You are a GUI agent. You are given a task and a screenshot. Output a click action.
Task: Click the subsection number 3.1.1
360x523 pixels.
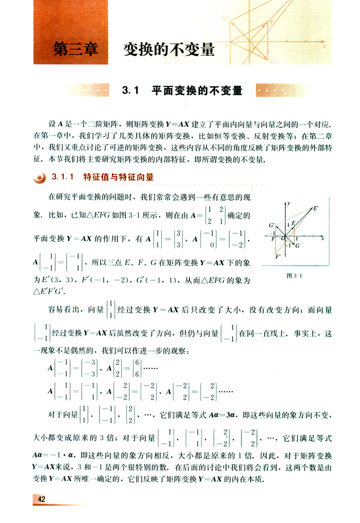click(x=63, y=177)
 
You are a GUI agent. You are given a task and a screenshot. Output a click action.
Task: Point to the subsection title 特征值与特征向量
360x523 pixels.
click(x=117, y=177)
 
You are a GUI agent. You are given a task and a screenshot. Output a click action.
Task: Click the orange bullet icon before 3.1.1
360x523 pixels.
click(x=39, y=178)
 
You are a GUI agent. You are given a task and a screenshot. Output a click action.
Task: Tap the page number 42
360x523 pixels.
click(x=42, y=500)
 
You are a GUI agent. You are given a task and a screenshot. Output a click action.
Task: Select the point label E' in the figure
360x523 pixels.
click(x=315, y=209)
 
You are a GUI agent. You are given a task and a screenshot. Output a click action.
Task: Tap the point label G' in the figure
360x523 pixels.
click(x=272, y=225)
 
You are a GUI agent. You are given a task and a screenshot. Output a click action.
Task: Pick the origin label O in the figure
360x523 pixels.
click(x=283, y=239)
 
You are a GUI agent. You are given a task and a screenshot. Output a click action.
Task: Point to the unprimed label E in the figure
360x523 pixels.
click(x=294, y=223)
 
